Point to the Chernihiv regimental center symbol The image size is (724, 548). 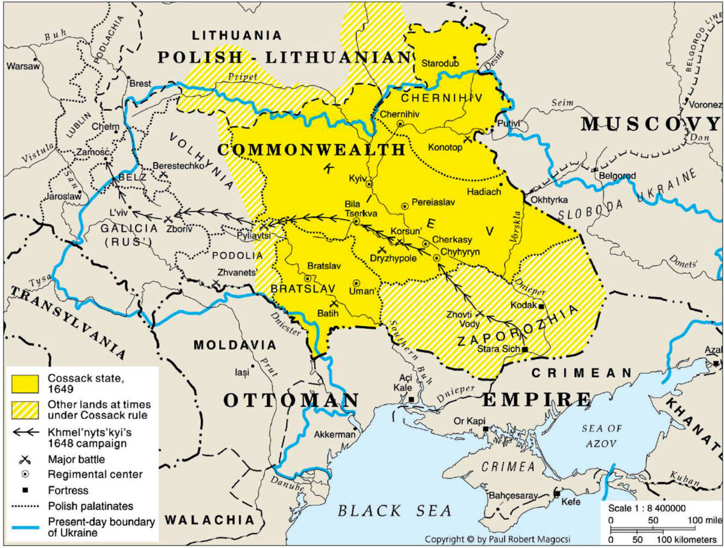pos(399,124)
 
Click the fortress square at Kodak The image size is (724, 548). pos(542,306)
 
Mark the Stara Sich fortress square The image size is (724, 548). pos(526,349)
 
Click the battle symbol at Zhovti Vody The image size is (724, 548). pos(480,314)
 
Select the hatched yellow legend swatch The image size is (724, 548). pos(25,410)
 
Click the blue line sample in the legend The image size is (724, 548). pos(25,528)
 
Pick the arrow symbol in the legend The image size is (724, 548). pos(25,432)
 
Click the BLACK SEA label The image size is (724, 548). pos(395,511)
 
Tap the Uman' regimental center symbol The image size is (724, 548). pos(356,282)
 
